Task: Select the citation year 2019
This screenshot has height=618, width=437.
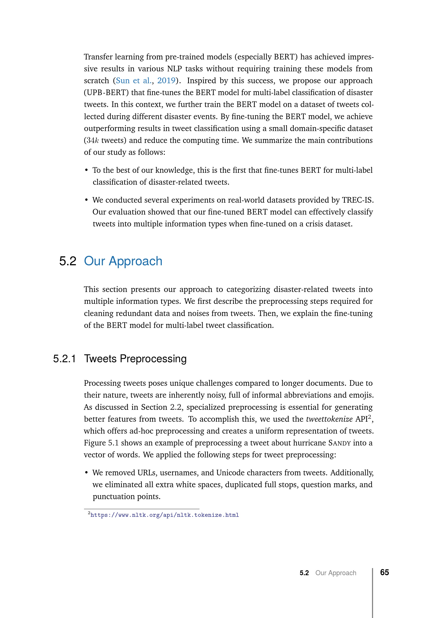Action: (166, 81)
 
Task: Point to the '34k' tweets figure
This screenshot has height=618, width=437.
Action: (91, 141)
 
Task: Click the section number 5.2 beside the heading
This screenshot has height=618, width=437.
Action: (68, 261)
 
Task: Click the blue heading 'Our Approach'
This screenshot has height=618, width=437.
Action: (123, 261)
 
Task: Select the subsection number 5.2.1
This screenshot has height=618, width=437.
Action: (64, 359)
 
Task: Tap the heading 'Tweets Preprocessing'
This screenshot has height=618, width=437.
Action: (135, 359)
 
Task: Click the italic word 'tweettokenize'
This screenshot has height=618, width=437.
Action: (329, 419)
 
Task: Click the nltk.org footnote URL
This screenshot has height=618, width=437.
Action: (164, 515)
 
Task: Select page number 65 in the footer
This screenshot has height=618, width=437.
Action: (384, 572)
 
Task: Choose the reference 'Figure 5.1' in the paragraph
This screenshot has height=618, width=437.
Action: (101, 443)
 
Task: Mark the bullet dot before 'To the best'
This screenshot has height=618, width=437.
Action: (86, 170)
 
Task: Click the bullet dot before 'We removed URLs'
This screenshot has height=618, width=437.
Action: (86, 473)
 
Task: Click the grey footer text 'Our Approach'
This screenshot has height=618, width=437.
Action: (336, 573)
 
